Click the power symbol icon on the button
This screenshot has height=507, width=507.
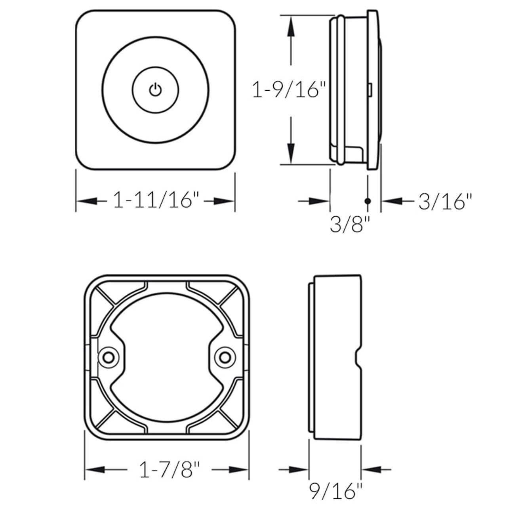click(x=155, y=90)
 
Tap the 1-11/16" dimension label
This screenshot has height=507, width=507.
click(x=155, y=200)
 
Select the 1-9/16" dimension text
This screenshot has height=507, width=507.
click(x=289, y=91)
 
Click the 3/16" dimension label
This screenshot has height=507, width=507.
click(x=446, y=202)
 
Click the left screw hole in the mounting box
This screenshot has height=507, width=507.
click(x=107, y=358)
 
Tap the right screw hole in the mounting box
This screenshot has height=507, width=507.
click(x=225, y=358)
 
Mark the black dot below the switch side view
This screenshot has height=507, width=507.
click(x=368, y=201)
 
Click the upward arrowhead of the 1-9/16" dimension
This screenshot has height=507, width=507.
click(x=291, y=24)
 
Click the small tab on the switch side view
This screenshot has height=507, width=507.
click(x=369, y=90)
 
